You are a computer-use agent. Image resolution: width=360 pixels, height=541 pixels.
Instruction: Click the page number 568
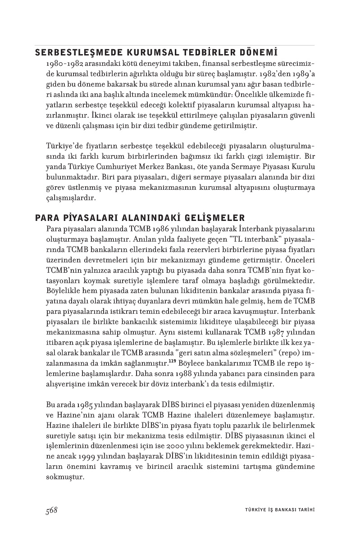click(x=51, y=510)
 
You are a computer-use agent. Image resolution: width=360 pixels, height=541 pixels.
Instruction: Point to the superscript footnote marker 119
click(x=172, y=361)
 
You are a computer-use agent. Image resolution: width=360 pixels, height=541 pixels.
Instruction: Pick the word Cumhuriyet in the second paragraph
click(x=115, y=167)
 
